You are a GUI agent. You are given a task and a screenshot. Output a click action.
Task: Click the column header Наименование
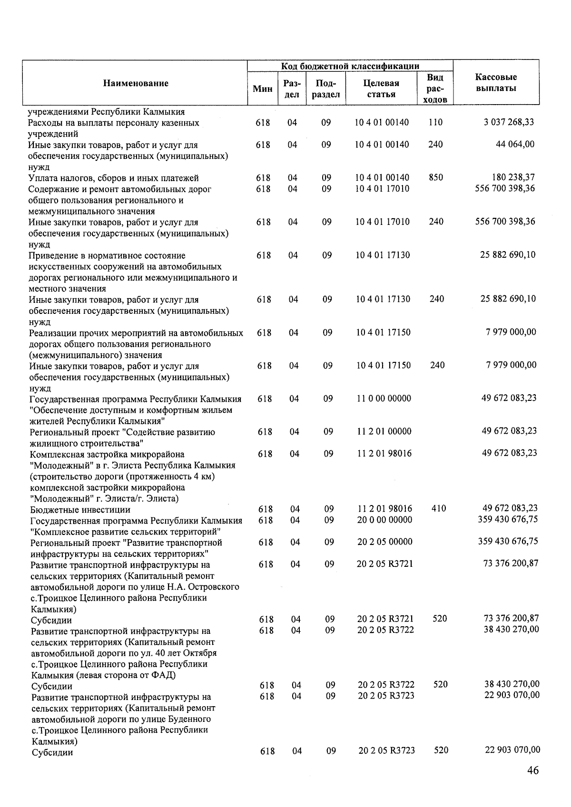click(x=136, y=83)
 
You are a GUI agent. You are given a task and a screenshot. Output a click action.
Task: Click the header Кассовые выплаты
click(x=496, y=83)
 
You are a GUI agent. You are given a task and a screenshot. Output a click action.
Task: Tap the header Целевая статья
click(x=381, y=88)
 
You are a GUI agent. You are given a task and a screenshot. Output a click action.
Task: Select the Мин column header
click(x=263, y=88)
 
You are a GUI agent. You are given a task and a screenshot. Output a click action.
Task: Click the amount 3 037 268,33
click(x=509, y=122)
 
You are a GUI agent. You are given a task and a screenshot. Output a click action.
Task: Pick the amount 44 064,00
click(x=515, y=144)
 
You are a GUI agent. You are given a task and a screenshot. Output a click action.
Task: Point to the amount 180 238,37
click(x=513, y=177)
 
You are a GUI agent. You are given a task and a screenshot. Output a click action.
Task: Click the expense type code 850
click(x=436, y=177)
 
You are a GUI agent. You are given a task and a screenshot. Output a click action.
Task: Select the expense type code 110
click(x=435, y=122)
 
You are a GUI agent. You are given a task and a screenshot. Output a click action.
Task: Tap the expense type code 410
click(x=438, y=508)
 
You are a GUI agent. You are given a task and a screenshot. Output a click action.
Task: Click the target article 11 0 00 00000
click(x=384, y=399)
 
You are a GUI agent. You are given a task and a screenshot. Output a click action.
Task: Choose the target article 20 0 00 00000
click(x=385, y=520)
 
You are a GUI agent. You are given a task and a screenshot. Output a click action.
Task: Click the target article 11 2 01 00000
click(x=384, y=432)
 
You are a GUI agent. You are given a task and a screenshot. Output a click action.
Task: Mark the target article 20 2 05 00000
click(x=385, y=542)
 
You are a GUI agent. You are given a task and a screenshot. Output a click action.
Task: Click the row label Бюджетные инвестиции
click(x=80, y=509)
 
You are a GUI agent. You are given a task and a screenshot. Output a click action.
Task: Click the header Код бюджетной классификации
click(x=350, y=66)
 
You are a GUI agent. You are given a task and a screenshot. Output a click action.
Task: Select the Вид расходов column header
click(x=435, y=88)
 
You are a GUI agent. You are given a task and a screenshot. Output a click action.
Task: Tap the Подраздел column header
click(x=326, y=88)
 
